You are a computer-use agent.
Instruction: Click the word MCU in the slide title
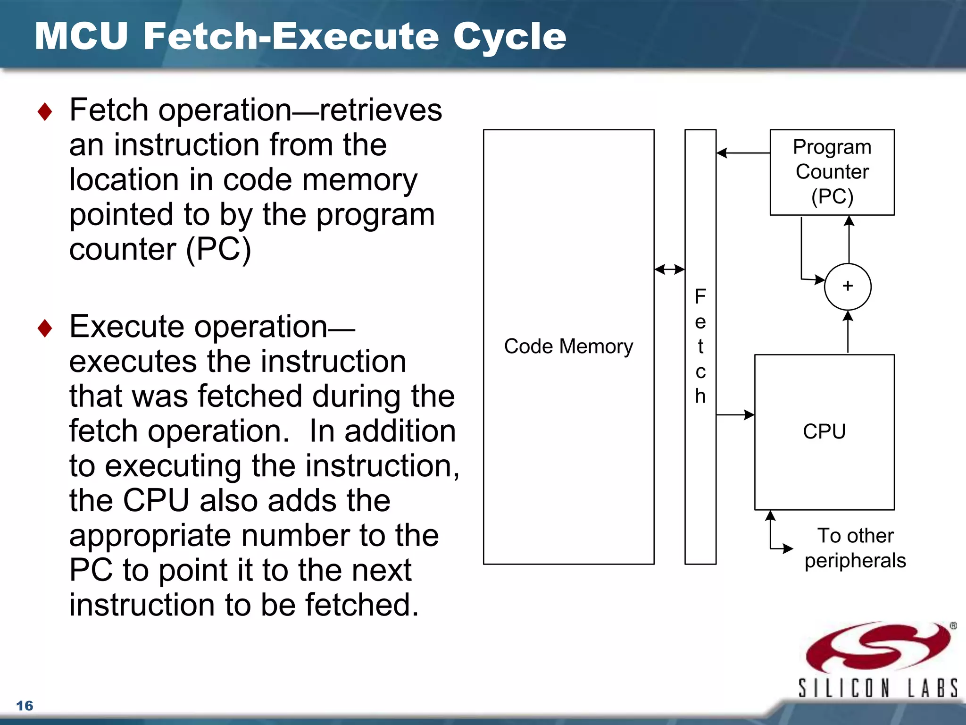[x=81, y=36]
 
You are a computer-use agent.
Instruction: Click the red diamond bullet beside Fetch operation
[x=45, y=112]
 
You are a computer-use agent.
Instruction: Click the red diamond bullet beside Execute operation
[x=45, y=328]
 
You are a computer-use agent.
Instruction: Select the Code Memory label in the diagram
[x=568, y=346]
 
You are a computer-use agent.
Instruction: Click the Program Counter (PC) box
[x=832, y=172]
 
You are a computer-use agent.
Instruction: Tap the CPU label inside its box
[x=824, y=431]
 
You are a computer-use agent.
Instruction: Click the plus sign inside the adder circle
[x=848, y=286]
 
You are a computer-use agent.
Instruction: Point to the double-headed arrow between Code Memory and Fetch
[x=669, y=270]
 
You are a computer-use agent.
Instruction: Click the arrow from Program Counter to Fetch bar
[x=743, y=153]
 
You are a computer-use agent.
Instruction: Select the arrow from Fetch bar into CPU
[x=735, y=415]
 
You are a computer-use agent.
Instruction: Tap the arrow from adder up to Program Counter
[x=849, y=239]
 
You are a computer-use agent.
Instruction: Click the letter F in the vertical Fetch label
[x=700, y=296]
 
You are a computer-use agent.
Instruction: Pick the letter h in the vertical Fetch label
[x=700, y=396]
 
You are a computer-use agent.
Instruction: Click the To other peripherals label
[x=855, y=548]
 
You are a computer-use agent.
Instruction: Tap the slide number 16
[x=25, y=706]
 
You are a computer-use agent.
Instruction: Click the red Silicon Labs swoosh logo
[x=877, y=647]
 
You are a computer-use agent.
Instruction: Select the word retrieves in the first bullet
[x=381, y=110]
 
